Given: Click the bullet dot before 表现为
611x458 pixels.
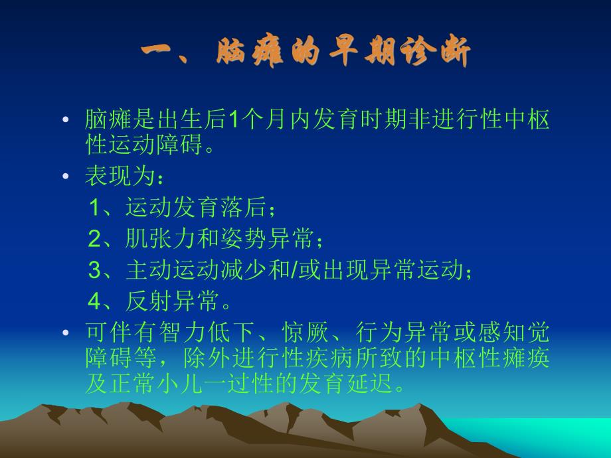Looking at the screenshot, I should coord(65,177).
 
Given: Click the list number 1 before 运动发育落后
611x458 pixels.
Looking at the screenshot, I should coord(96,208).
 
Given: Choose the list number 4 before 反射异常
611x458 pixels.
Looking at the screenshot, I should coord(96,302).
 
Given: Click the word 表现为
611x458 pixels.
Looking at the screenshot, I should coord(116,177).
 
